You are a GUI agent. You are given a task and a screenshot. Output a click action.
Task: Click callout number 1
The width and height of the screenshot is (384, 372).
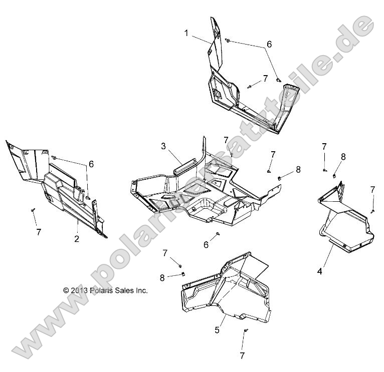click(x=186, y=33)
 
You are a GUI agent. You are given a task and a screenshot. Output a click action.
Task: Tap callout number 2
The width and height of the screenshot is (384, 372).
click(x=77, y=239)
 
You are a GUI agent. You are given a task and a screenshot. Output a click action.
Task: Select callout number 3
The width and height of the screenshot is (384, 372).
click(x=163, y=146)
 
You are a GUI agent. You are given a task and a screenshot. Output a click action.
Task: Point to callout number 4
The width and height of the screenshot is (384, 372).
click(x=319, y=272)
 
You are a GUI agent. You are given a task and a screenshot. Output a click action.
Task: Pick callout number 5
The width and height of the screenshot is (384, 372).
click(x=217, y=330)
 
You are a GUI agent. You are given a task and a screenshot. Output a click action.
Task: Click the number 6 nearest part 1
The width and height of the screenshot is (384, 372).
click(x=269, y=44)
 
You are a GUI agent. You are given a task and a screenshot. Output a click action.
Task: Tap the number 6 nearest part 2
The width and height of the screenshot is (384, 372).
click(x=91, y=164)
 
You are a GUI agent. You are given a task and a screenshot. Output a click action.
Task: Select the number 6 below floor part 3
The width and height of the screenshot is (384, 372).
click(x=206, y=244)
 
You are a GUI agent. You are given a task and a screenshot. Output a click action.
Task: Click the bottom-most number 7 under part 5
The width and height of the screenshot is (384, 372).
click(x=242, y=355)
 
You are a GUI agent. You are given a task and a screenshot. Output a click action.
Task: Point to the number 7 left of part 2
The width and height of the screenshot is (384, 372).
click(x=38, y=232)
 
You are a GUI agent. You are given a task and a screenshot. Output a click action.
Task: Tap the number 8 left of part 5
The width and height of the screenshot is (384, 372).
click(x=162, y=277)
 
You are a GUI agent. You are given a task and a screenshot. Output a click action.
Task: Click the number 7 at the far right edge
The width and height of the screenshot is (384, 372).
click(x=372, y=189)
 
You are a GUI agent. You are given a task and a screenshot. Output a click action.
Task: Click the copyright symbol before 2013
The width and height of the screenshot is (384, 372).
click(x=66, y=290)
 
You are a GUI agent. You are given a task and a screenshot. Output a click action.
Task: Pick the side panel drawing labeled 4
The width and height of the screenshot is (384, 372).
click(x=346, y=220)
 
